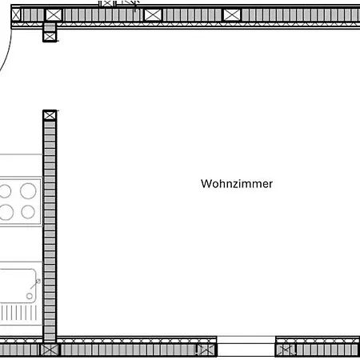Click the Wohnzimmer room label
pos(237,184)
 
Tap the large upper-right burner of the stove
pos(28,190)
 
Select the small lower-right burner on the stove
pos(28,212)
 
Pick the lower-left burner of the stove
pos(6,212)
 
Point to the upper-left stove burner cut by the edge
pos(5,191)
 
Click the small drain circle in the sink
pos(30,296)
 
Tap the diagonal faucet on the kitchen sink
pos(35,284)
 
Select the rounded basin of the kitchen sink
pos(18,286)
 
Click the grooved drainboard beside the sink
pos(18,313)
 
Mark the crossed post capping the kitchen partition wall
pos(50,116)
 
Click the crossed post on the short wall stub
pos(50,37)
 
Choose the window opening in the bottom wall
pos(246,346)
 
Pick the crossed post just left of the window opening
pos(206,350)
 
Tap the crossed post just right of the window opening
pos(286,350)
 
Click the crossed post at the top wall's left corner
pos(16,14)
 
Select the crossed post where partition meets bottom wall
pos(50,350)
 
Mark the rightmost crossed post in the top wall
pos(232,14)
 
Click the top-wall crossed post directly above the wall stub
pos(54,14)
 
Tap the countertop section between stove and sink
pos(21,244)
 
